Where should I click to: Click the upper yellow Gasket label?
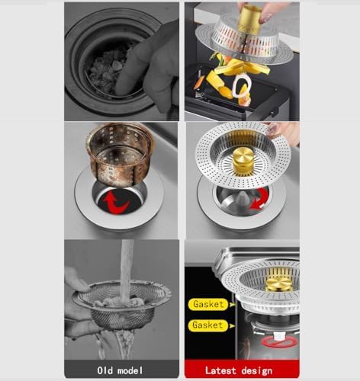(x=208, y=304)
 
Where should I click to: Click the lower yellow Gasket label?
(x=207, y=325)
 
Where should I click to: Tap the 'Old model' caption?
(x=120, y=370)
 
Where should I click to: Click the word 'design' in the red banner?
(x=257, y=371)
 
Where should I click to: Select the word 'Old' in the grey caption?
(x=105, y=370)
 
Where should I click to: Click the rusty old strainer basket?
(x=121, y=154)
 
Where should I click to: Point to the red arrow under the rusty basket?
(x=115, y=202)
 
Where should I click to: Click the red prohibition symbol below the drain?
(x=279, y=341)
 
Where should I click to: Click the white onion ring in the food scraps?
(x=241, y=86)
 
